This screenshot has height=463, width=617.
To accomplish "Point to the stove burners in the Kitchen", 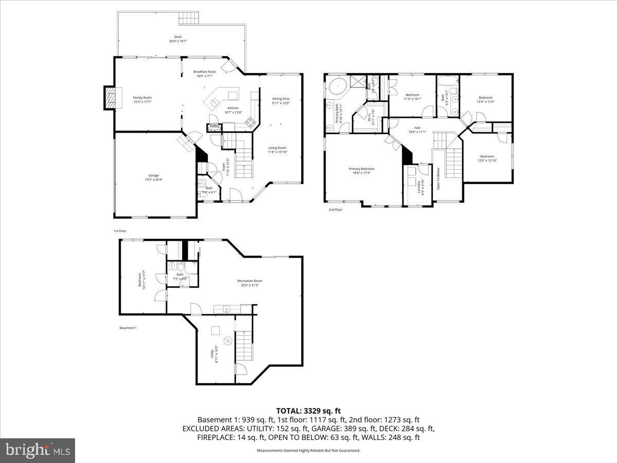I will tap(250, 122).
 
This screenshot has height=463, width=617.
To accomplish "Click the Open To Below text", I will tap(438, 179).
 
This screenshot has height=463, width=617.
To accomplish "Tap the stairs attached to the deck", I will tap(189, 17).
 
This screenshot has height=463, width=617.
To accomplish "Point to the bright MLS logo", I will tap(38, 450).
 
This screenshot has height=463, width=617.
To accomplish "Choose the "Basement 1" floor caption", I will tap(128, 328).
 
